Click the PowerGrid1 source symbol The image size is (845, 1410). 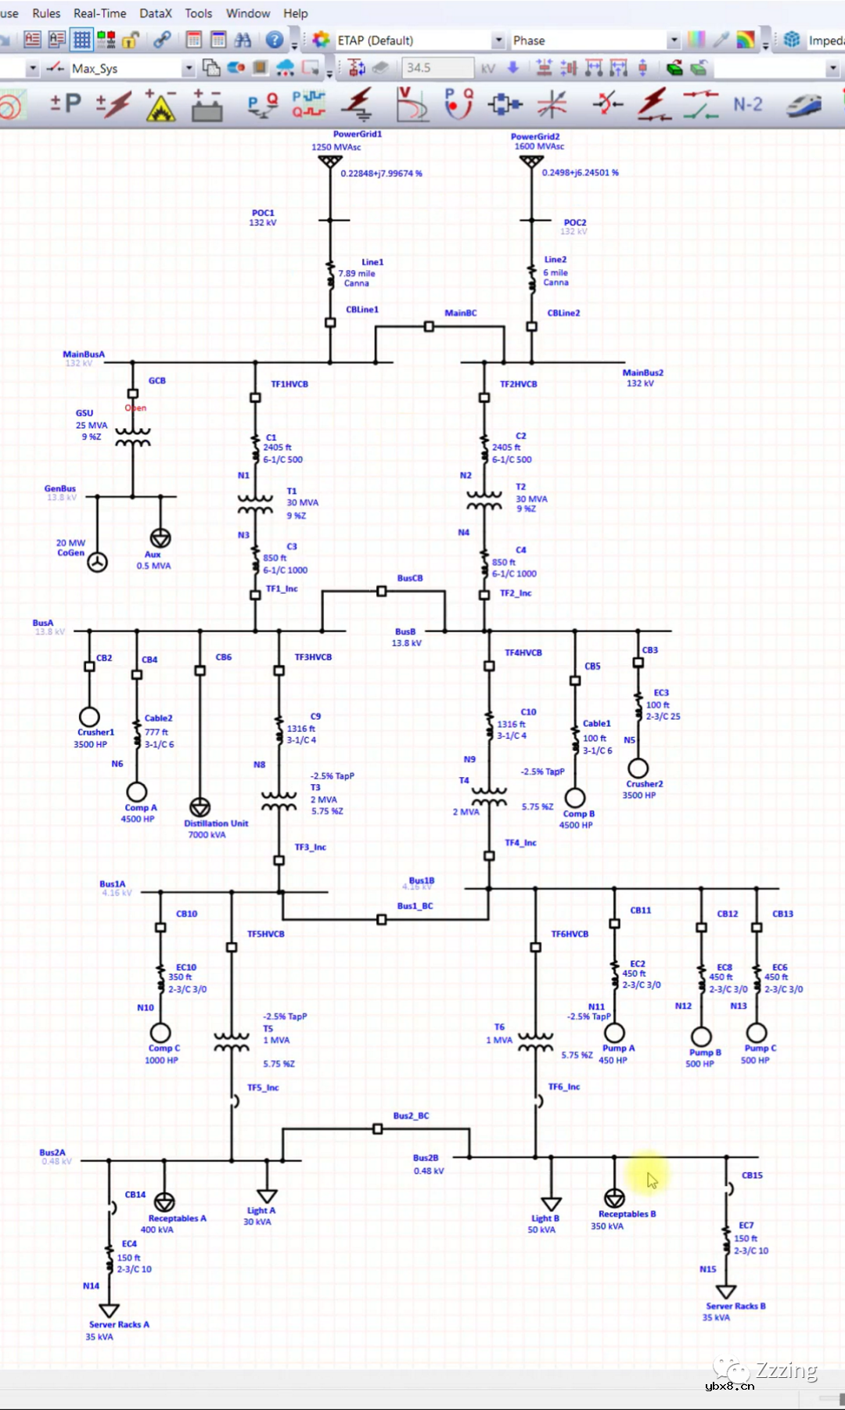330,161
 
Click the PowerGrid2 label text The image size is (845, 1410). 535,136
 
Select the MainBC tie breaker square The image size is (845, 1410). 429,326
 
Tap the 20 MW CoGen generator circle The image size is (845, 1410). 97,562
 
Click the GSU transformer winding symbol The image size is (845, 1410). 133,437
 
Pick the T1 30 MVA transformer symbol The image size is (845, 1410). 255,504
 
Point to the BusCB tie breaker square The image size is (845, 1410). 382,592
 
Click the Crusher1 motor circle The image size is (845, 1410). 89,717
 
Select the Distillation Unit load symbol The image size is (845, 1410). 200,807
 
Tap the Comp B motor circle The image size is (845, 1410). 575,797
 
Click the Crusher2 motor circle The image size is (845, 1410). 638,768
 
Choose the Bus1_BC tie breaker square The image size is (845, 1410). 382,919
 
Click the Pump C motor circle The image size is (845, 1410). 757,1033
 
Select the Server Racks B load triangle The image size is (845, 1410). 726,1291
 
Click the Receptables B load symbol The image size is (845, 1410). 614,1198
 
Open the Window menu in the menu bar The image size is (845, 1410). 248,13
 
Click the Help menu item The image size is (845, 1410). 295,13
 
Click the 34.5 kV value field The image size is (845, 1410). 437,68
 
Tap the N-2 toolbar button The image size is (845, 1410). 747,104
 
